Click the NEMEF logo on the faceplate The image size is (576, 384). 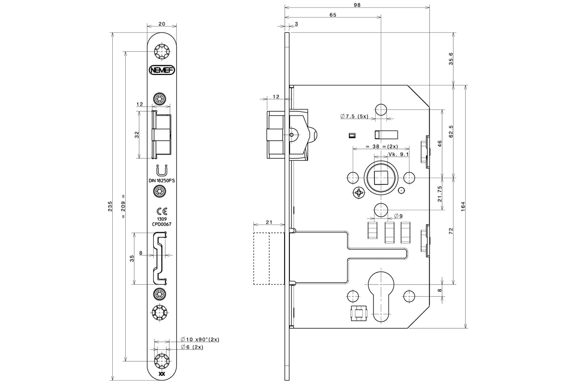pos(162,70)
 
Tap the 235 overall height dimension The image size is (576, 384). pos(110,206)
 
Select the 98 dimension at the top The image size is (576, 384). pos(357,5)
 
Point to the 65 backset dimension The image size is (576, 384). pos(333,15)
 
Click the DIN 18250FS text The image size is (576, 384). pos(162,180)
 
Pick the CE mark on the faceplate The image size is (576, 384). pos(162,211)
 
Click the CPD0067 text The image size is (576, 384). pos(162,224)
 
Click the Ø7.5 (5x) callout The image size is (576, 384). pos(354,116)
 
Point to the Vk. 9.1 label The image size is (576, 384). pos(398,155)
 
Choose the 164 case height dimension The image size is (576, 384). pos(463,206)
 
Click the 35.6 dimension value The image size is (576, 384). pos(451,59)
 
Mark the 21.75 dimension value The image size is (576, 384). pos(440,194)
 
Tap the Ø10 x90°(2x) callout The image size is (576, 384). pos(200,339)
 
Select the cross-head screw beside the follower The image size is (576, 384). pos(359,192)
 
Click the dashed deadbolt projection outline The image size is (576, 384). pos(269,259)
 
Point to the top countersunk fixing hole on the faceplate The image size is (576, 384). pos(162,52)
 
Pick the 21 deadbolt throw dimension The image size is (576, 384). pos(269,222)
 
